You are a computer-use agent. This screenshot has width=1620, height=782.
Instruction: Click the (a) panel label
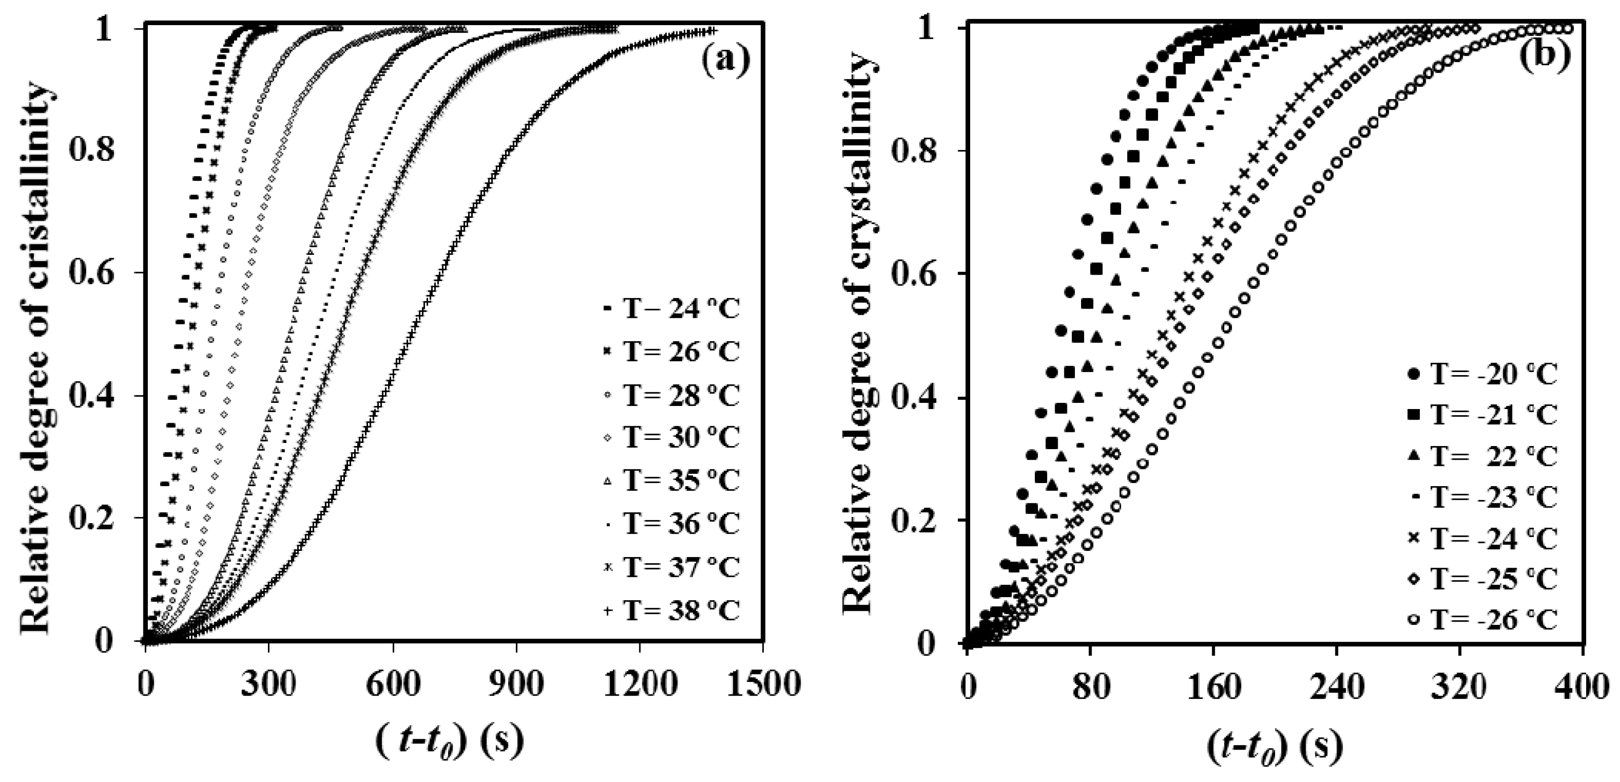coord(725,60)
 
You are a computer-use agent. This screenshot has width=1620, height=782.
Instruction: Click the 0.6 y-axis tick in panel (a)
coord(94,273)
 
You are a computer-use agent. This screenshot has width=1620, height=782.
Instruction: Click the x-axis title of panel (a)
coord(450,742)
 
